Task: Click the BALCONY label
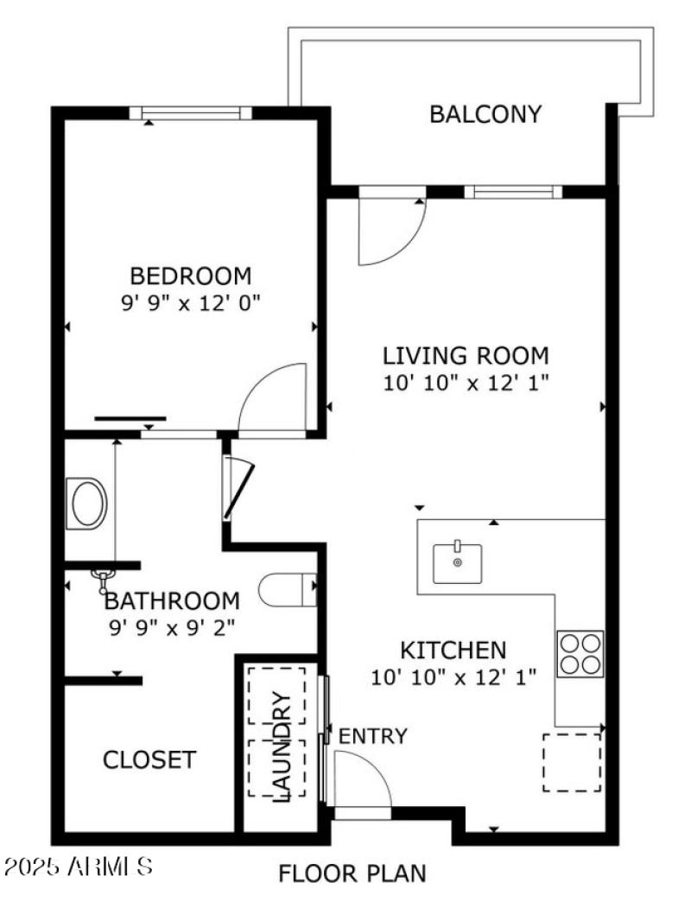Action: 485,114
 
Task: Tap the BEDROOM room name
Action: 190,276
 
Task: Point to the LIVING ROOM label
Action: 466,355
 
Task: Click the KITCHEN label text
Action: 453,650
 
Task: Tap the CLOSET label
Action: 149,760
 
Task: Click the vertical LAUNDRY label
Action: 282,746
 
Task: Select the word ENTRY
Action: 372,737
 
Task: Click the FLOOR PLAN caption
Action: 352,873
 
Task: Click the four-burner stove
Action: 580,654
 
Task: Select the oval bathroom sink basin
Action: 88,505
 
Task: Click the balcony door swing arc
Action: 393,233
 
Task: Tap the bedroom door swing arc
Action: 272,397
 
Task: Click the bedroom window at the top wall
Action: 191,112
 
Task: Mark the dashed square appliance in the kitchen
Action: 572,762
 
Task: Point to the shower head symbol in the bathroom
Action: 105,576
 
